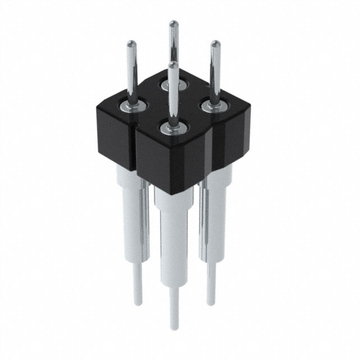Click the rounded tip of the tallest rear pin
tap(174, 24)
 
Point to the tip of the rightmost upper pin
tap(215, 44)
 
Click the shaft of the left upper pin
tap(133, 73)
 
